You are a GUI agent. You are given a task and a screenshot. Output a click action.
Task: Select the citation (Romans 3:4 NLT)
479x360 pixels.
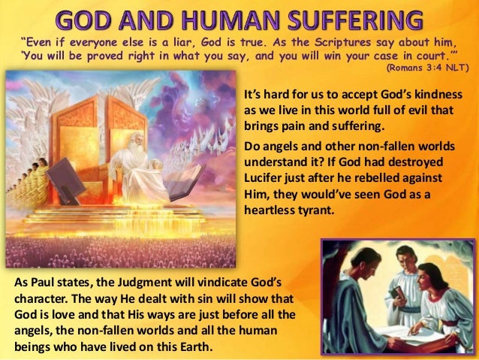tap(426, 68)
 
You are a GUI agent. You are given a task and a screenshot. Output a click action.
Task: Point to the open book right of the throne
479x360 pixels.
tap(185, 180)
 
